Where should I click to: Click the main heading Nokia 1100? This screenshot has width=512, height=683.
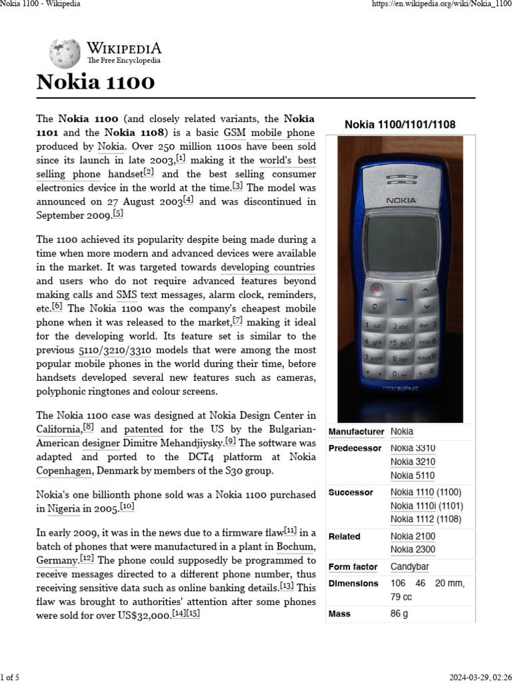point(95,83)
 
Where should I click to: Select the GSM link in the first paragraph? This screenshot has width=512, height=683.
point(234,133)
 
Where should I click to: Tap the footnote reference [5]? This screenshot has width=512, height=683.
point(118,213)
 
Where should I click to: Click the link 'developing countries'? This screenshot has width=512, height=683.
point(267,267)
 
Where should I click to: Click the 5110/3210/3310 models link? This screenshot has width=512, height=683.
point(113,350)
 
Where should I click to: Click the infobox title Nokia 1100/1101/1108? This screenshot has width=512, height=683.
point(400,124)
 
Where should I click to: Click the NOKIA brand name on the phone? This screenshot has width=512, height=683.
point(401,200)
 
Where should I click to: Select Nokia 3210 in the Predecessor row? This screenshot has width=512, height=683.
point(413,462)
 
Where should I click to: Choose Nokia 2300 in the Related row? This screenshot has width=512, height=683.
point(413,550)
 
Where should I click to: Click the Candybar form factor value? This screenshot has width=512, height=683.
point(409,567)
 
